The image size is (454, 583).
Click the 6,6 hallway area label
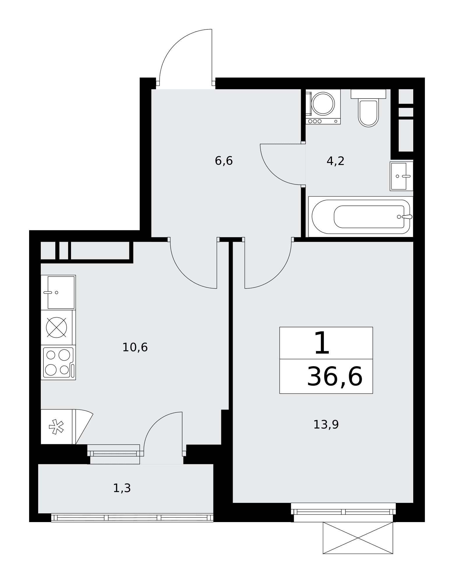224,161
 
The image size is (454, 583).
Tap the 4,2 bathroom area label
335,161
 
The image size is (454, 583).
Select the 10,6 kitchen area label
135,347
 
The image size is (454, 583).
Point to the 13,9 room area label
326,425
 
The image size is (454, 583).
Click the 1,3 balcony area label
122,488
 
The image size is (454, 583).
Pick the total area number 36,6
335,377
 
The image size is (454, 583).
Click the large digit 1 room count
322,343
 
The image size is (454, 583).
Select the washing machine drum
323,103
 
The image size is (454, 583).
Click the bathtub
361,217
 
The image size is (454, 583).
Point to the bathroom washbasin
402,176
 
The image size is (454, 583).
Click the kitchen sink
58,292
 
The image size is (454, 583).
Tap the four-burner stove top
58,362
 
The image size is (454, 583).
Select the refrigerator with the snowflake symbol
56,427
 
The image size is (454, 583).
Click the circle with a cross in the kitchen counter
56,327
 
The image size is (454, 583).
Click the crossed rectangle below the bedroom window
358,538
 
